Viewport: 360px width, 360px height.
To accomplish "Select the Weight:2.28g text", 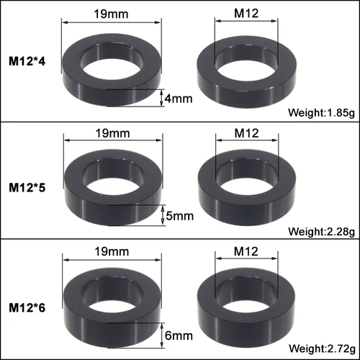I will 321,231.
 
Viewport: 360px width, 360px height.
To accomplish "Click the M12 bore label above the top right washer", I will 246,13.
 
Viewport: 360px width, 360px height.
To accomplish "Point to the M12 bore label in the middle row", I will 246,132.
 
